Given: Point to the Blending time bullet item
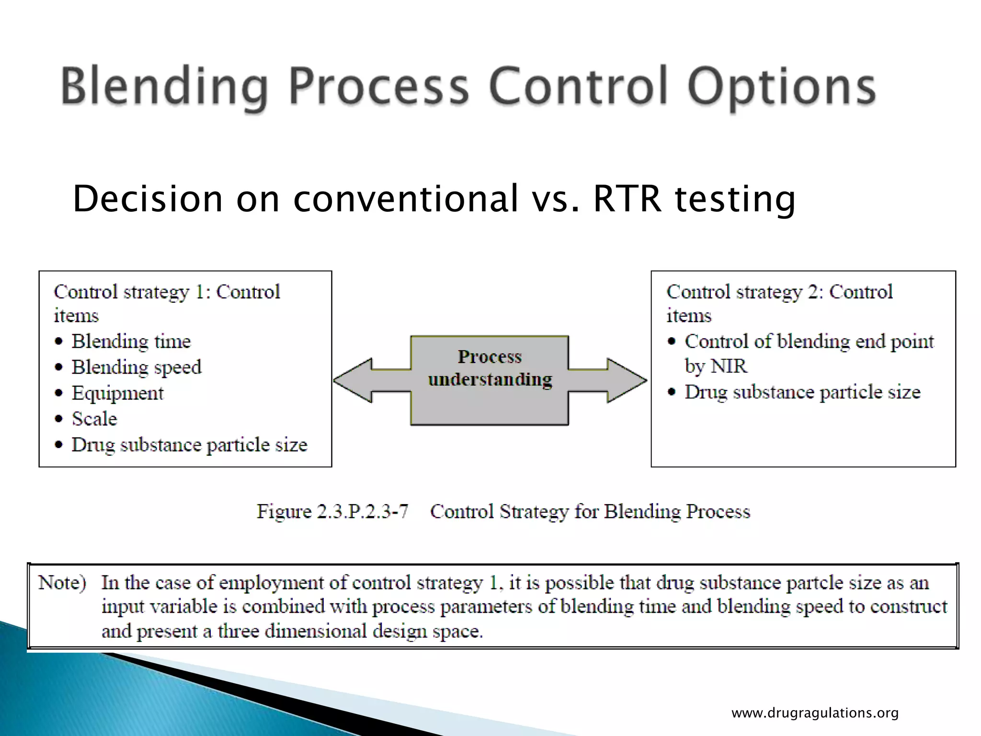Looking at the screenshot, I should pos(131,342).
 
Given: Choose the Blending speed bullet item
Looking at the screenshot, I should pos(137,368).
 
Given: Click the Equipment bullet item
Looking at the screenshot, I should pos(118,393).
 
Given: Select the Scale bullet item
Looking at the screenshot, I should pos(94,419).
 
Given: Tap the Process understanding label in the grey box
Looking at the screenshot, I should pos(490,368).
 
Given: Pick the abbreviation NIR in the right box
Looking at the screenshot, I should pos(729,367).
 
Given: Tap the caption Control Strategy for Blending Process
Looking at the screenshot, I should pos(590,511).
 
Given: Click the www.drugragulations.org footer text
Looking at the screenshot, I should pos(815,713).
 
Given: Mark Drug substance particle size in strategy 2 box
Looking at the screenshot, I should pos(802,392).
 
